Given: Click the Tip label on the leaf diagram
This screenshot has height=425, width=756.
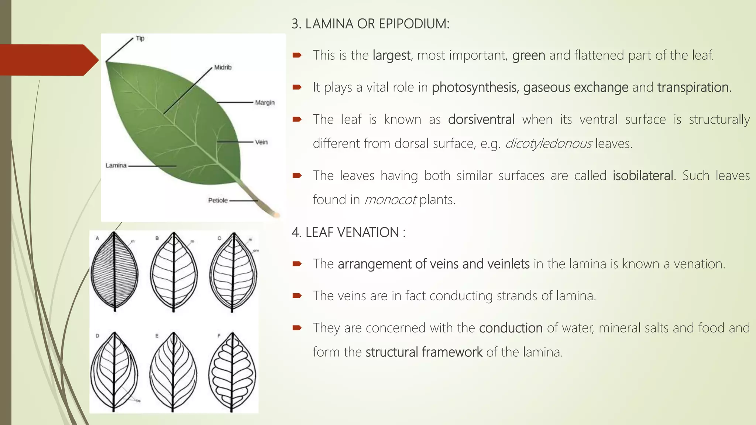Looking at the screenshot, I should [x=140, y=38].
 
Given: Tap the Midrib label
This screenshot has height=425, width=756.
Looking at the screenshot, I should [x=223, y=67].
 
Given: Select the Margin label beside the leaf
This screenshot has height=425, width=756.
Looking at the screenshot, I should [x=265, y=103].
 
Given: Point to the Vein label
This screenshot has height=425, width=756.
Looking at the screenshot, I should [x=261, y=142].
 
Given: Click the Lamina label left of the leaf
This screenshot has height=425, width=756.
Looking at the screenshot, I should [x=116, y=165].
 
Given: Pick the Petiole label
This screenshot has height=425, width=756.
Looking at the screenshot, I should [x=218, y=200].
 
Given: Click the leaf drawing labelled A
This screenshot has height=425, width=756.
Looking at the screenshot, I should [x=114, y=272].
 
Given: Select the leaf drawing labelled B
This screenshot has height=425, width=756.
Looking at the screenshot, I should [x=173, y=272].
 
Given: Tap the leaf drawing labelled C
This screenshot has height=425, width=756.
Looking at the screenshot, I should [x=233, y=272].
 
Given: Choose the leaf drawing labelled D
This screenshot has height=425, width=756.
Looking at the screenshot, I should [x=114, y=372].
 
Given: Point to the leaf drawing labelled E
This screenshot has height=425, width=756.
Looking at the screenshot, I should [x=173, y=372].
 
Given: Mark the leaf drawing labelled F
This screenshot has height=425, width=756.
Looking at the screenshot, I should [x=232, y=372].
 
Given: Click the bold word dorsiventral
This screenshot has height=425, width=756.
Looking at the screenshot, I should [x=481, y=120].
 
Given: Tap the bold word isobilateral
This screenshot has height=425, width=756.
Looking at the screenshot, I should [x=643, y=176].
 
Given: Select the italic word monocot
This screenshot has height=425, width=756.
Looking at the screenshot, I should [x=390, y=200].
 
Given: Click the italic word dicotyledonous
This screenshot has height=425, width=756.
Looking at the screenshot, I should [x=548, y=144].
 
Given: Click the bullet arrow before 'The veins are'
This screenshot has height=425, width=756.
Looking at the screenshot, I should [x=297, y=296].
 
